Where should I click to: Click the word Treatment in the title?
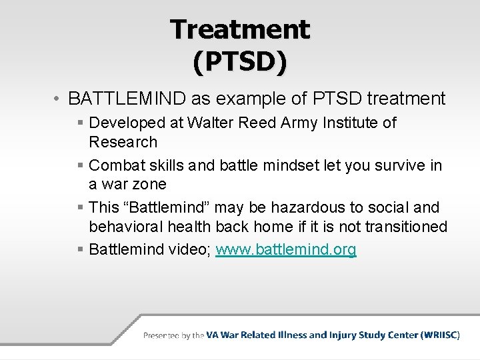pos(240,29)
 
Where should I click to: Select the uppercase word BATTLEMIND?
pos(127,99)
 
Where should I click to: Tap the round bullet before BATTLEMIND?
pos(59,99)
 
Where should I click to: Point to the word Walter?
pos(211,123)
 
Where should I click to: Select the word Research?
pos(123,142)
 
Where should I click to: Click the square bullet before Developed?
pos(80,123)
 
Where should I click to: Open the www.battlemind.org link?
pos(286,249)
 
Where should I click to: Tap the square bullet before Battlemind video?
pos(80,250)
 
